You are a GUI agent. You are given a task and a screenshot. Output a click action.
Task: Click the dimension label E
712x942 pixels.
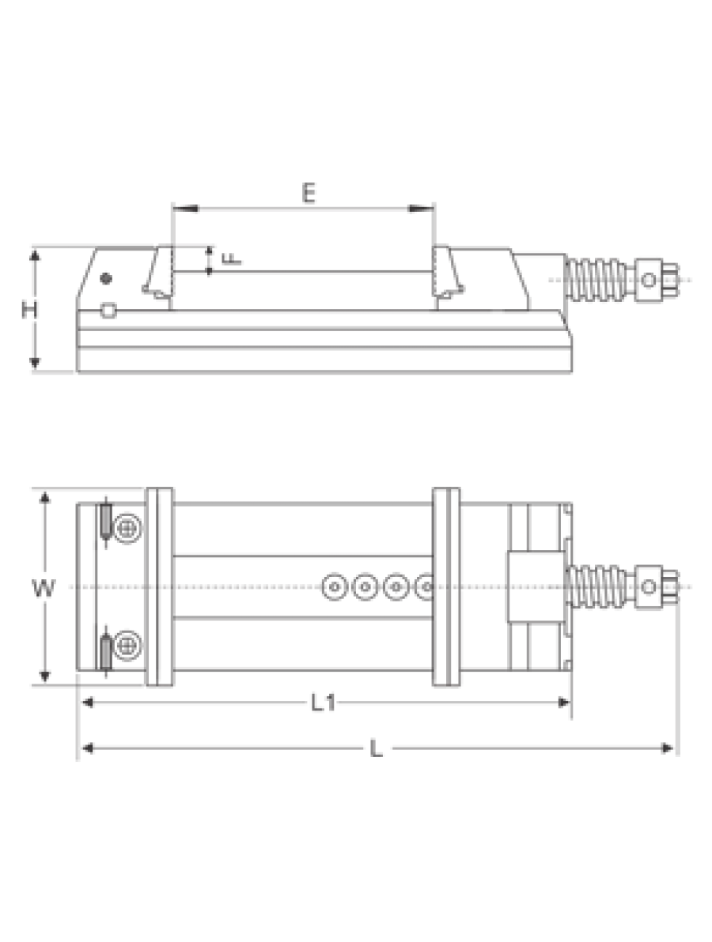click(x=308, y=194)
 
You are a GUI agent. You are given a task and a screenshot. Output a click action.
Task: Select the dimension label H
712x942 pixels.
click(x=29, y=310)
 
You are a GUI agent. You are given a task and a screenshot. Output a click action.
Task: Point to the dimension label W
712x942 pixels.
click(x=44, y=588)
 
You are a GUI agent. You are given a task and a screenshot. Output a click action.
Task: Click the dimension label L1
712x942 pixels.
click(x=324, y=703)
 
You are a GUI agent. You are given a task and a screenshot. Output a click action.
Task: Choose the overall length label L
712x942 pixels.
click(x=376, y=749)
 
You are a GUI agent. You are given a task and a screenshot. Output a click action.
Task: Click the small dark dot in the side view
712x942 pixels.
click(x=107, y=278)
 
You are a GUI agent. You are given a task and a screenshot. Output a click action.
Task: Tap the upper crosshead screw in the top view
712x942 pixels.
click(x=127, y=529)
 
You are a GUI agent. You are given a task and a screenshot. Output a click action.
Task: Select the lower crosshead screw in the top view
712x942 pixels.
click(x=127, y=646)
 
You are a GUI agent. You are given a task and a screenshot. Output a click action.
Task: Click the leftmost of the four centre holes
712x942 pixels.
click(x=335, y=587)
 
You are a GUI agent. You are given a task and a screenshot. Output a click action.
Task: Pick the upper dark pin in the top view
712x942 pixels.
click(x=106, y=520)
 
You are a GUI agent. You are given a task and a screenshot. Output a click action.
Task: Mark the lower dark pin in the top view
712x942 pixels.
click(x=106, y=654)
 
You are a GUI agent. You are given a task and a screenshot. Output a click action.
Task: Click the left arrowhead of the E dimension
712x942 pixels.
click(x=185, y=209)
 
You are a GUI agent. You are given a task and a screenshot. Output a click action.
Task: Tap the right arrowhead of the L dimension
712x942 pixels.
click(x=666, y=748)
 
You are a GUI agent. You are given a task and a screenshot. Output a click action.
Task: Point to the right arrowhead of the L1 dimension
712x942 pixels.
click(x=564, y=703)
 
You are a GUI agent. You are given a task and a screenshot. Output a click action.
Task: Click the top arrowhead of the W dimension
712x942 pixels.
click(x=44, y=498)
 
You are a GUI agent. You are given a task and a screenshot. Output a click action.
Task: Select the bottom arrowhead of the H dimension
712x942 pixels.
click(x=35, y=362)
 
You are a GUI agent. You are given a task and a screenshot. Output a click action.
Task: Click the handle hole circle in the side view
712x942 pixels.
click(x=649, y=280)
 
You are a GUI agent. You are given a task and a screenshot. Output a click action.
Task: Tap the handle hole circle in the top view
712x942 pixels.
click(x=649, y=586)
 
